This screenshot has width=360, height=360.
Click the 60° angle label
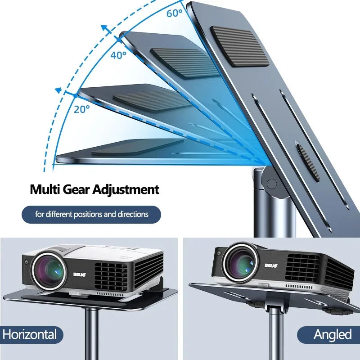(x=174, y=13)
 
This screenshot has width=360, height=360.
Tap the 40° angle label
(x=118, y=55)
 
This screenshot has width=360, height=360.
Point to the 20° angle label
(x=82, y=108)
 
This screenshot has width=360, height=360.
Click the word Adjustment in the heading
(x=126, y=189)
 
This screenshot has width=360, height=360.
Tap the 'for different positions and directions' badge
(x=91, y=214)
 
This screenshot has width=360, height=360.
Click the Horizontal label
(x=30, y=335)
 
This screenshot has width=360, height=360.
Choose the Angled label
(x=333, y=335)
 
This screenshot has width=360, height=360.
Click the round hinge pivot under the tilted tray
(x=271, y=183)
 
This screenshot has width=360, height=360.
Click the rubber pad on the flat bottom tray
(x=138, y=148)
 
